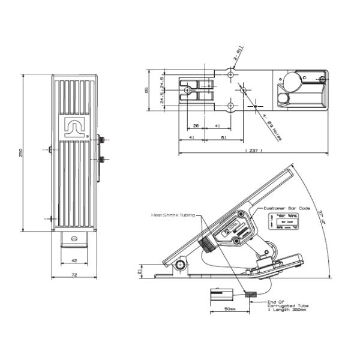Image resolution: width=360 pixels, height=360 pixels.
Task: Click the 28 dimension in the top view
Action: coord(196,126)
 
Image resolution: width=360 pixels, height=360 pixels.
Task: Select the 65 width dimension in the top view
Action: coord(148,90)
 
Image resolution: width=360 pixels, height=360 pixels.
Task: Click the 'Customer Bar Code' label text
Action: coord(287,208)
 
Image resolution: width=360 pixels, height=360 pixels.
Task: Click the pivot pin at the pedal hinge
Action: coord(179,265)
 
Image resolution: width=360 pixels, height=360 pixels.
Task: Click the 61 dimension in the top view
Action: coord(223,138)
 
